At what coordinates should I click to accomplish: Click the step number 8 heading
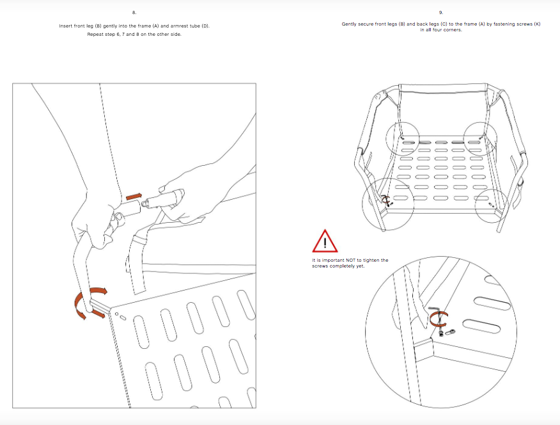134,13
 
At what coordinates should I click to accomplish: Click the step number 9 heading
441,13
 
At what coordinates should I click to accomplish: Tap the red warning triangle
325,242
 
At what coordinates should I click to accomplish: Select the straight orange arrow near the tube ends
134,196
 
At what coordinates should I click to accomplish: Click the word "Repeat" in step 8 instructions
95,35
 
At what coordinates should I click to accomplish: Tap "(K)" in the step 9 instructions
537,24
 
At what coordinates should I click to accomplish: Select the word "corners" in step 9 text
452,30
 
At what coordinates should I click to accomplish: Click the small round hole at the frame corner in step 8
117,314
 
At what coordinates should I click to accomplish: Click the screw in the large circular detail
442,333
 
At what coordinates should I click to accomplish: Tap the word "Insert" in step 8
66,26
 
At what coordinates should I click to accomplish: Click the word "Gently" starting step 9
349,24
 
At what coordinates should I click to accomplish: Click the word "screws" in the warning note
320,266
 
